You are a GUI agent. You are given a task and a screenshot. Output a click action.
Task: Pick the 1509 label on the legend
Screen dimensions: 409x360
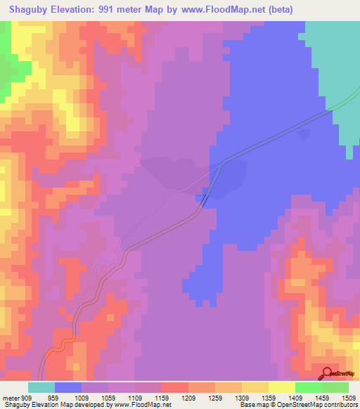pos(346,397)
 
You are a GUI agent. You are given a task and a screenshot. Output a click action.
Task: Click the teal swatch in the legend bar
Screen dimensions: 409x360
pos(41,387)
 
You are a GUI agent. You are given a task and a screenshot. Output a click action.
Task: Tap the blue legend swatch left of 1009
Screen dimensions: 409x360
pos(68,387)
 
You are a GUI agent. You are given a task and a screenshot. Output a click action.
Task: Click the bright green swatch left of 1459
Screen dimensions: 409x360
pos(309,387)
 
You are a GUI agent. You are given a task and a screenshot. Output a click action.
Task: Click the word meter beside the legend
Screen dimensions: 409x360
pos(10,397)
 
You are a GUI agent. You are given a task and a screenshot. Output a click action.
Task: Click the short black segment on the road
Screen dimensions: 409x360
pos(204,199)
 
